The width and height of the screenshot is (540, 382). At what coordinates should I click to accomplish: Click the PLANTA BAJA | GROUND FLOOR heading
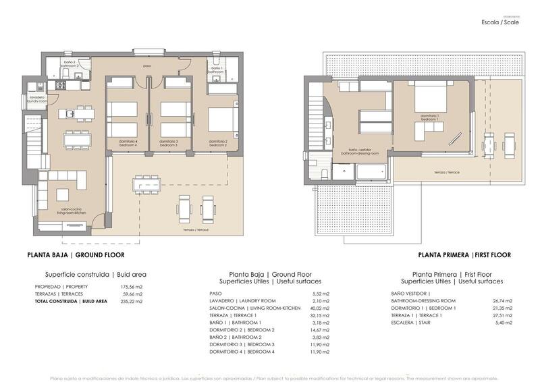(x=76, y=255)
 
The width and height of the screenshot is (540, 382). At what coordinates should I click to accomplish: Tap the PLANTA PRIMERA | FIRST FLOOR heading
(x=464, y=255)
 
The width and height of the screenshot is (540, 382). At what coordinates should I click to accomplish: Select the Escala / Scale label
(x=500, y=22)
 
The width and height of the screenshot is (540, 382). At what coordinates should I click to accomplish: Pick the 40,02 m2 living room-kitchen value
(x=320, y=308)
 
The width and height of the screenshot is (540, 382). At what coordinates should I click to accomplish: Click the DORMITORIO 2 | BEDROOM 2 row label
(x=242, y=330)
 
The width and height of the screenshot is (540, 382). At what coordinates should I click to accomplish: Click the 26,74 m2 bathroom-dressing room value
(x=502, y=301)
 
